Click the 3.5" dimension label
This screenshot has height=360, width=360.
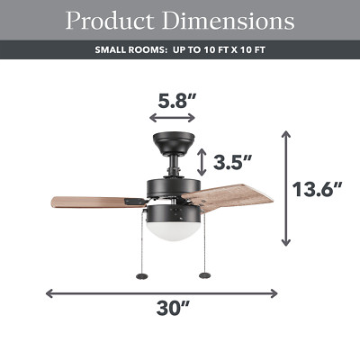click(232, 163)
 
